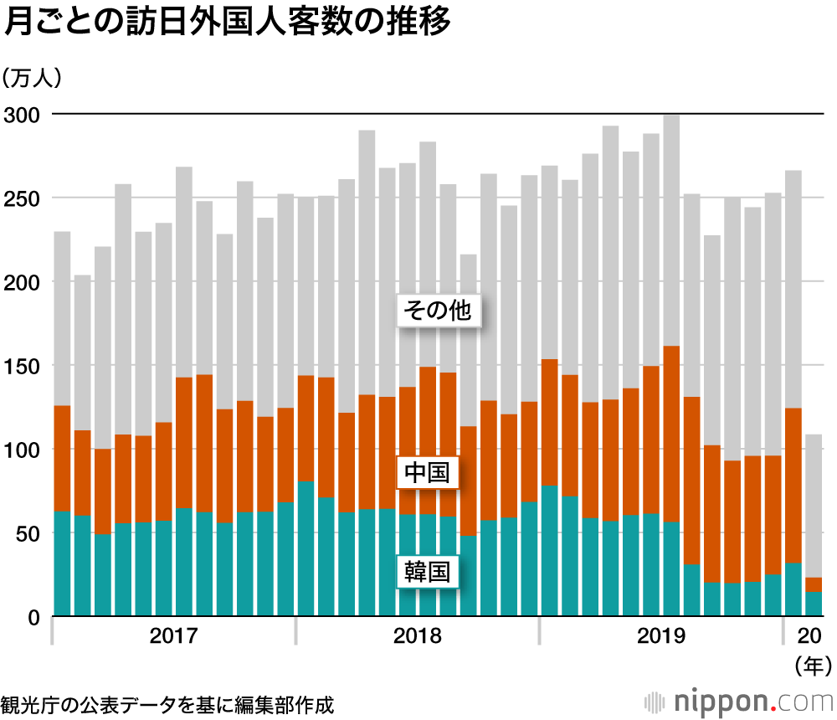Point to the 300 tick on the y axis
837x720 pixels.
tap(22, 115)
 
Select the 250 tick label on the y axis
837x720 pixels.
tap(22, 198)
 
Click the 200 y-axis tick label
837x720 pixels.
tap(22, 282)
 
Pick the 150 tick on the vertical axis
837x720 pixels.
tap(22, 366)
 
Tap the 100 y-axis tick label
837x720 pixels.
tap(22, 450)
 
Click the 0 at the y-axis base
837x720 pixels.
tap(34, 617)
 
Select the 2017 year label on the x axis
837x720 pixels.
tap(173, 636)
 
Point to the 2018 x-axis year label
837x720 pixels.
tap(417, 636)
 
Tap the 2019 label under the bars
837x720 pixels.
tap(660, 636)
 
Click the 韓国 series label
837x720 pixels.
tap(428, 573)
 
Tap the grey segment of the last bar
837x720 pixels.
tap(814, 502)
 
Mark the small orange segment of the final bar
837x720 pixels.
tap(814, 584)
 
